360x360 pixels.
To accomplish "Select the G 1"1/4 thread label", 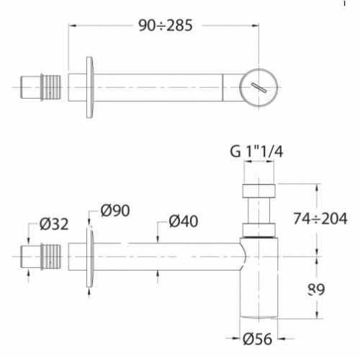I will [x=256, y=153].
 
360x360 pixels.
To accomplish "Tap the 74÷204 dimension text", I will [x=325, y=217].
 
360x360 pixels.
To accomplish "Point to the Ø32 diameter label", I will [x=54, y=224].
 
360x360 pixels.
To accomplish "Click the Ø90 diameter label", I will [x=116, y=210].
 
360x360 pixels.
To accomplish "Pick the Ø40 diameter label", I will [x=185, y=222].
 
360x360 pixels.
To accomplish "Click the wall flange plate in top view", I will [x=90, y=87].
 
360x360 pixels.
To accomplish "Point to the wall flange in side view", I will [x=90, y=256].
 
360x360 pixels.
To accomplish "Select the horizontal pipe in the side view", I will [x=166, y=256].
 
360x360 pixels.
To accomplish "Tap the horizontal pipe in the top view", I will [x=166, y=87].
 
